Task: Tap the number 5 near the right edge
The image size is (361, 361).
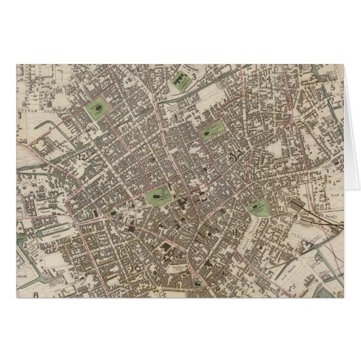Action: click(332, 87)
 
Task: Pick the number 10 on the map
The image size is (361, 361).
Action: click(136, 268)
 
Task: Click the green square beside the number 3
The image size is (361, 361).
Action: click(182, 81)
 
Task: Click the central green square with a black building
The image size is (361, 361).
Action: click(158, 196)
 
